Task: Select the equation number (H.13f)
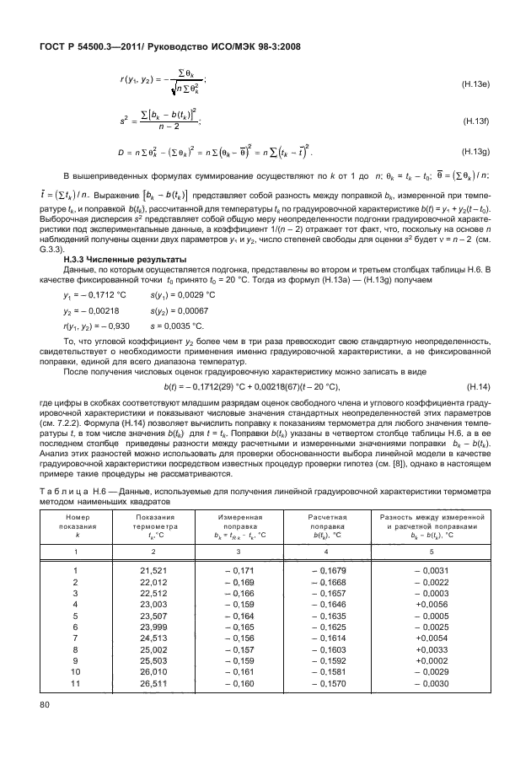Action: tap(480, 121)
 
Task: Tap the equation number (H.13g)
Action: tap(479, 153)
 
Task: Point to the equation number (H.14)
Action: tap(481, 362)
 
